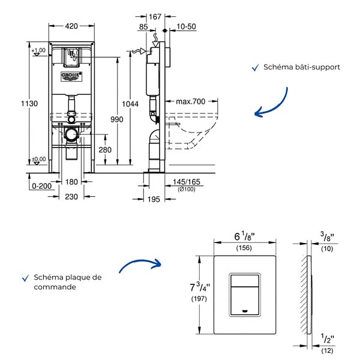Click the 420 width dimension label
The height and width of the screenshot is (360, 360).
(71, 26)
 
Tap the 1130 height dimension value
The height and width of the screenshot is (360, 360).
(29, 104)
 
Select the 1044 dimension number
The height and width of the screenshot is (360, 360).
(130, 104)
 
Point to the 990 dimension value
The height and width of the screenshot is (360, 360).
(117, 119)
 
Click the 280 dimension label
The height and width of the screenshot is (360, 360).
(105, 150)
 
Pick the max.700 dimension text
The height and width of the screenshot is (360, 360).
(191, 101)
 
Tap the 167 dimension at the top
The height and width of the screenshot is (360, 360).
(155, 17)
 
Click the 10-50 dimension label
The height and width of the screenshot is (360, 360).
(186, 26)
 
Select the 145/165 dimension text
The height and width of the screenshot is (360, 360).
(187, 182)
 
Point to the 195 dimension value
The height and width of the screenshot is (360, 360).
(154, 199)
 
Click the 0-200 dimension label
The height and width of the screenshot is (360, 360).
(42, 186)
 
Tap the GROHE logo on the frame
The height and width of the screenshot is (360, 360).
(71, 76)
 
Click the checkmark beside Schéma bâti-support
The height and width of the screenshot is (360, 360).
(256, 68)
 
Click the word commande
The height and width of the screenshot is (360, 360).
(55, 287)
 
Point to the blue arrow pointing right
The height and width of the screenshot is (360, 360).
(140, 264)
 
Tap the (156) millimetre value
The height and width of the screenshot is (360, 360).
(244, 248)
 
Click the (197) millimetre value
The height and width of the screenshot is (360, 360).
(199, 299)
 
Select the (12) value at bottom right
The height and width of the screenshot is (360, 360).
(327, 350)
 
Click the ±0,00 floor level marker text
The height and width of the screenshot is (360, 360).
(38, 159)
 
